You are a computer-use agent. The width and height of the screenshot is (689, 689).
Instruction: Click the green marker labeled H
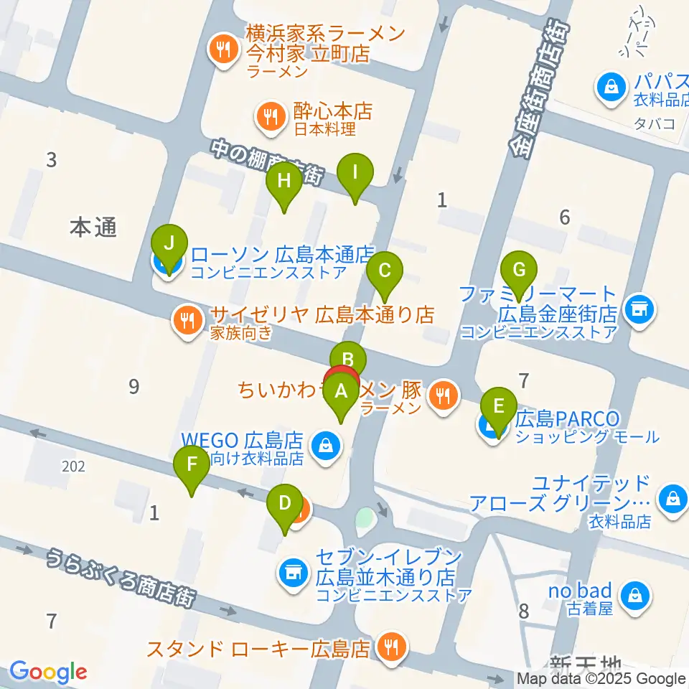coord(284,181)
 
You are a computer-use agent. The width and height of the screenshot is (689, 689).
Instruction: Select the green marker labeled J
coord(169,245)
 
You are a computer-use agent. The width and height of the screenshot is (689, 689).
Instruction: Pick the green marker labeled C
coord(385,271)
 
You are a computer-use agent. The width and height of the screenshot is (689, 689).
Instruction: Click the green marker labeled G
coord(520,271)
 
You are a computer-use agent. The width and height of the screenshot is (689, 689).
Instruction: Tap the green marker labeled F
coord(191,464)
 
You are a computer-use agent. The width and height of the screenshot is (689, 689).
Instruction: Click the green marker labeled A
coord(342,392)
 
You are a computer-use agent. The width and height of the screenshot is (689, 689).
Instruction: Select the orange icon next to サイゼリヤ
coord(187,319)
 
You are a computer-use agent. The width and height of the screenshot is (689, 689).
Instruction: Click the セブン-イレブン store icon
coord(291,572)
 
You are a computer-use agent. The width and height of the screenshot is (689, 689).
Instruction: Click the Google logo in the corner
coord(48,672)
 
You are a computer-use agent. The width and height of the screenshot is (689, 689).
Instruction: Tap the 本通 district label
coord(93,228)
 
